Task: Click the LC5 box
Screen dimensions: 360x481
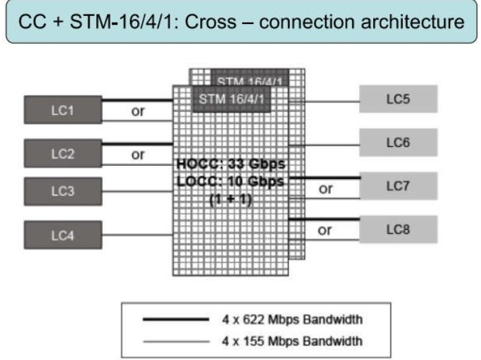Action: (397, 100)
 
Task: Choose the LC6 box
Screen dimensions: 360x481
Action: (397, 142)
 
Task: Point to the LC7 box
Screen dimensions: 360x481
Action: (397, 186)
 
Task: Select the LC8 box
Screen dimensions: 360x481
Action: (397, 229)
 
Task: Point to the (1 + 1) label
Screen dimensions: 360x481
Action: (231, 198)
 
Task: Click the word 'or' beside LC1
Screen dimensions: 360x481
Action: (137, 112)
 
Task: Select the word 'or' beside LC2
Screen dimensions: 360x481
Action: (137, 154)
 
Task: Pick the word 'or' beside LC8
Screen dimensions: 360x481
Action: (325, 231)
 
